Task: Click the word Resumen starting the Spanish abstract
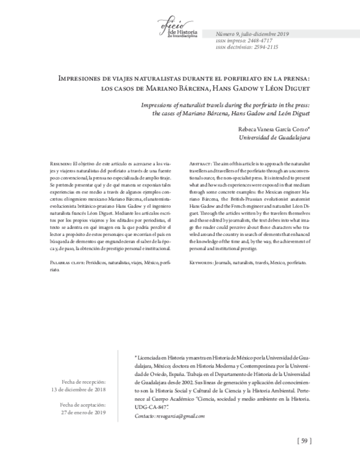(x=59, y=163)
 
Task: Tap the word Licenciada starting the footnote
(x=152, y=356)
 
